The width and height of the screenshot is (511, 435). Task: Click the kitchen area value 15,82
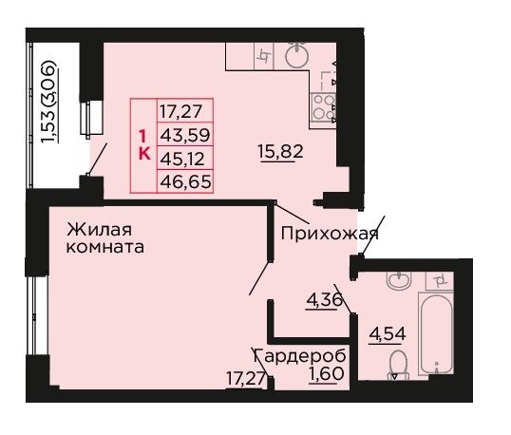[280, 151]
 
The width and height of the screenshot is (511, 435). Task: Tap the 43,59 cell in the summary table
[185, 135]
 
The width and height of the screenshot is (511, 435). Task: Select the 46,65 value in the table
[185, 181]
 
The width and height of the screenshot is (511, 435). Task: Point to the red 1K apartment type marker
[144, 144]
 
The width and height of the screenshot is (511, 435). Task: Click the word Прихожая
[330, 234]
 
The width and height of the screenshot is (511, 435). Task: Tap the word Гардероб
[300, 356]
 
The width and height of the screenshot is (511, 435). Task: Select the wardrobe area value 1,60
[327, 373]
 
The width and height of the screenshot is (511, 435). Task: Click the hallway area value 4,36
[324, 299]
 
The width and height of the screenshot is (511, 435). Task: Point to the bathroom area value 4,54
[388, 333]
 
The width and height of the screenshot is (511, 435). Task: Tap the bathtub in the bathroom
[436, 333]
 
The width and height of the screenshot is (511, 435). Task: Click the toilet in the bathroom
[398, 365]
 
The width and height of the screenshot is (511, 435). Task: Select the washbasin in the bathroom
[399, 280]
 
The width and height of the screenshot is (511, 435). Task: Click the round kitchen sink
[297, 54]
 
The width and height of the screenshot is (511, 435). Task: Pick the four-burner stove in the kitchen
[323, 107]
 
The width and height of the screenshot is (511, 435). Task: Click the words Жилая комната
[105, 238]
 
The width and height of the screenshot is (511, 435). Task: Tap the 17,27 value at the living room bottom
[245, 379]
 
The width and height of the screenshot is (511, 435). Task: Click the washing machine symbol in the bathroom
[440, 280]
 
